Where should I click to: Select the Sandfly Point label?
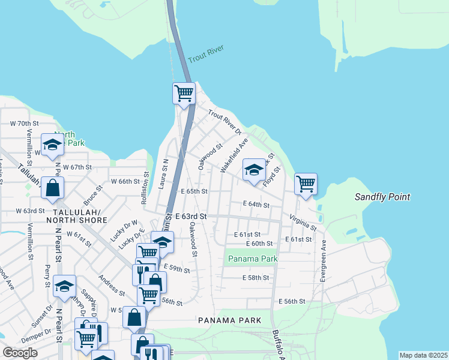[382, 197]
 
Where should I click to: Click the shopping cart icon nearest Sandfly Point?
[306, 184]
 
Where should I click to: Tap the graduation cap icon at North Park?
[52, 145]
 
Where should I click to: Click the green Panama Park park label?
[252, 259]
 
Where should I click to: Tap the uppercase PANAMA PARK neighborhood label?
[230, 320]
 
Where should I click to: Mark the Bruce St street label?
[91, 196]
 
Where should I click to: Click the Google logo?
[20, 353]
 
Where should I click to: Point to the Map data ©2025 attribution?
[423, 355]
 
